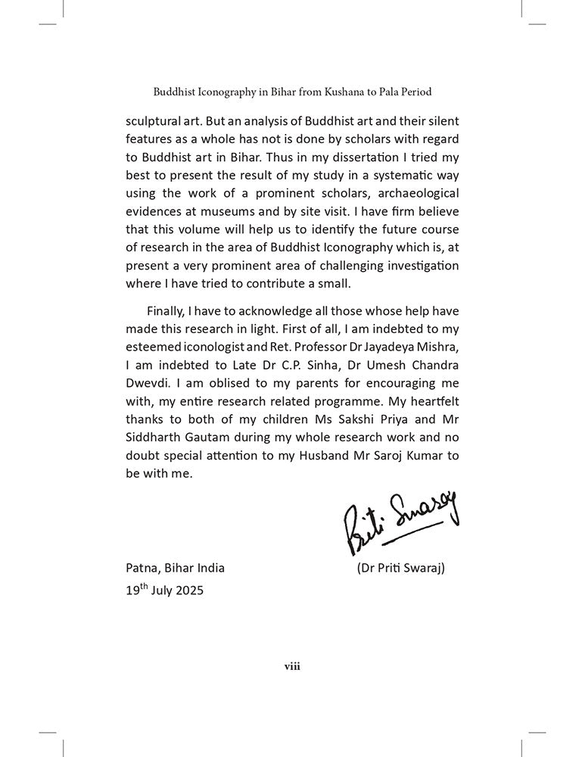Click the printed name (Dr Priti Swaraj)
(x=400, y=567)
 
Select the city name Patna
(x=142, y=567)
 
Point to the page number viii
(x=292, y=665)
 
